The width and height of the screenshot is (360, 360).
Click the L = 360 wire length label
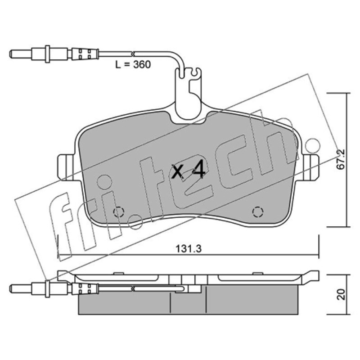(133, 64)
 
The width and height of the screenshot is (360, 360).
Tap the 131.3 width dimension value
(189, 249)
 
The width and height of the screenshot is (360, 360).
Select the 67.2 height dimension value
(341, 159)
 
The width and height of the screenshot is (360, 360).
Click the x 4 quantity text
(188, 171)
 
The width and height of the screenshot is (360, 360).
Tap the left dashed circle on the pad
(119, 211)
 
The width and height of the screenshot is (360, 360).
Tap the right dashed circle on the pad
(257, 211)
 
